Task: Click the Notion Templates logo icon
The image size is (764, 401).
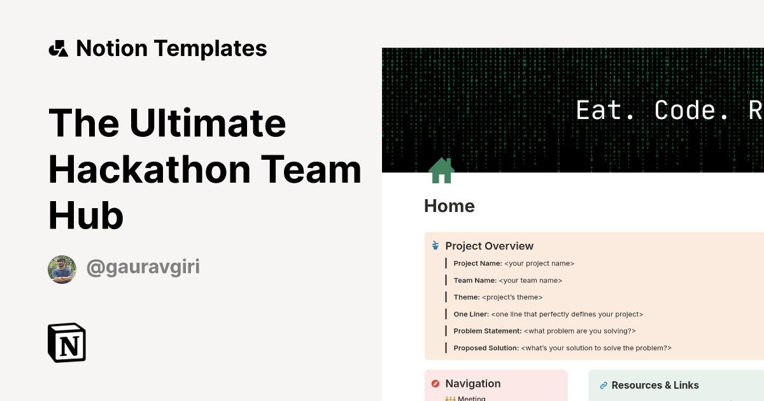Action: (x=58, y=48)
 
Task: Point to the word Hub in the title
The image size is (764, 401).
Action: (x=86, y=216)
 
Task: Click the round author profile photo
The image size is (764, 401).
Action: (x=62, y=269)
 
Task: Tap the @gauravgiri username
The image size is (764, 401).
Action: (x=143, y=267)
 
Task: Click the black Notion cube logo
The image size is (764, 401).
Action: (x=67, y=342)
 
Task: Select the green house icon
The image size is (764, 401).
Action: (x=441, y=171)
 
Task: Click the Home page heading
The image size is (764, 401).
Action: (x=449, y=206)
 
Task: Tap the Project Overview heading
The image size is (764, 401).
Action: (x=489, y=246)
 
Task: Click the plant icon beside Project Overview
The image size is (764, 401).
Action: (x=435, y=246)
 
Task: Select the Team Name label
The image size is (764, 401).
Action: (x=474, y=280)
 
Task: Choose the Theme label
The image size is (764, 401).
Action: (x=466, y=297)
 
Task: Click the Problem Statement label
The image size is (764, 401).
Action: (x=487, y=331)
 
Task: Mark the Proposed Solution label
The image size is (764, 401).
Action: (x=486, y=348)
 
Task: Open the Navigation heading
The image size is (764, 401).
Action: (x=472, y=384)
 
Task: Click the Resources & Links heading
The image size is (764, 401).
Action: (x=655, y=385)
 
